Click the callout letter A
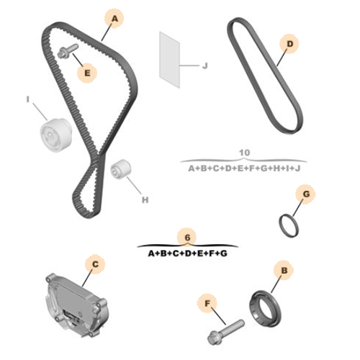coord(115,19)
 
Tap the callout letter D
coord(290,44)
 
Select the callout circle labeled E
coord(87,73)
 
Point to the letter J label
coord(204,66)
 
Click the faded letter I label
coord(28,99)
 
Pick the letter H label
coord(145,200)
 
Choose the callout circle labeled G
coord(305,194)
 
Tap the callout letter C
coord(95,264)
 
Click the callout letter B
coord(284,271)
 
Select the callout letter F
coord(207,303)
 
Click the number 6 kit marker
coord(187,238)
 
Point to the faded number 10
coord(244,153)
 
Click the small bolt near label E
coord(68,50)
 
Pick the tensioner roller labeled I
coord(55,135)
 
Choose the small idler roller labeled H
coord(121,169)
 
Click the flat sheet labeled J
coord(170,60)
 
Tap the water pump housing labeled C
coord(77,305)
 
